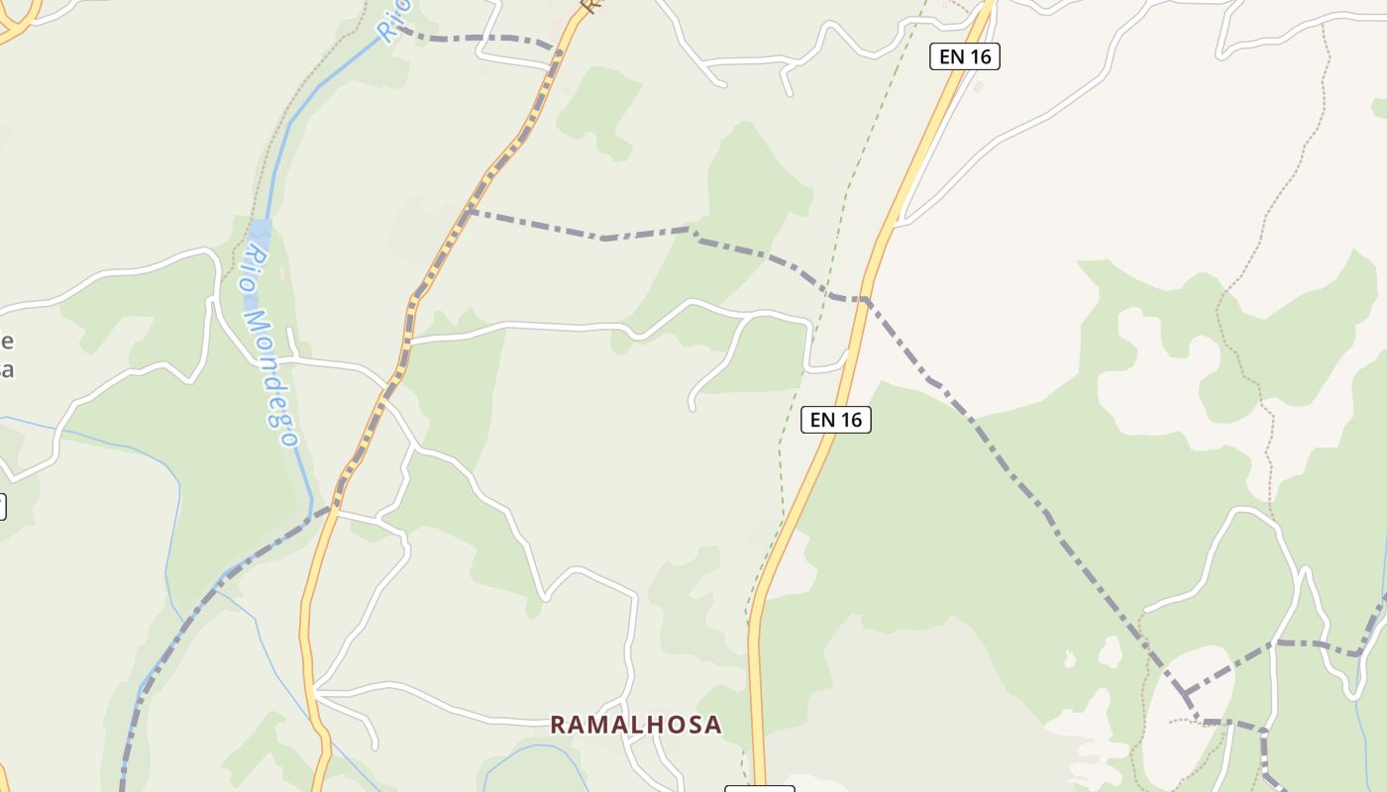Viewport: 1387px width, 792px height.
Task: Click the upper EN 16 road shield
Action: click(965, 56)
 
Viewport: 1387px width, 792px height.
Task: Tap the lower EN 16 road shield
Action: click(835, 420)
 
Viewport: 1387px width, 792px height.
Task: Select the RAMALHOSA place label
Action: click(636, 725)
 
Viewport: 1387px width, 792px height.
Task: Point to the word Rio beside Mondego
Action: click(254, 268)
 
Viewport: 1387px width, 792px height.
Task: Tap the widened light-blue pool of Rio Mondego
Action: click(261, 238)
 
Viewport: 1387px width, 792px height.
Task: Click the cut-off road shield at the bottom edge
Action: click(760, 788)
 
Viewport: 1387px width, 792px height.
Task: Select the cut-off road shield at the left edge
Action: click(2, 507)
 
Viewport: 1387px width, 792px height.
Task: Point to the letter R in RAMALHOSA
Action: click(558, 725)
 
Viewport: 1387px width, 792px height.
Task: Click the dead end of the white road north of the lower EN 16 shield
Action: click(693, 407)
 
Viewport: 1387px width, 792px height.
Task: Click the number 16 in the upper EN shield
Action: click(979, 56)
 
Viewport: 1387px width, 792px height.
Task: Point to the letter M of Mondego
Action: click(257, 323)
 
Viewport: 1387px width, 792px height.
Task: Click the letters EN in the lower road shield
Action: click(822, 420)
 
